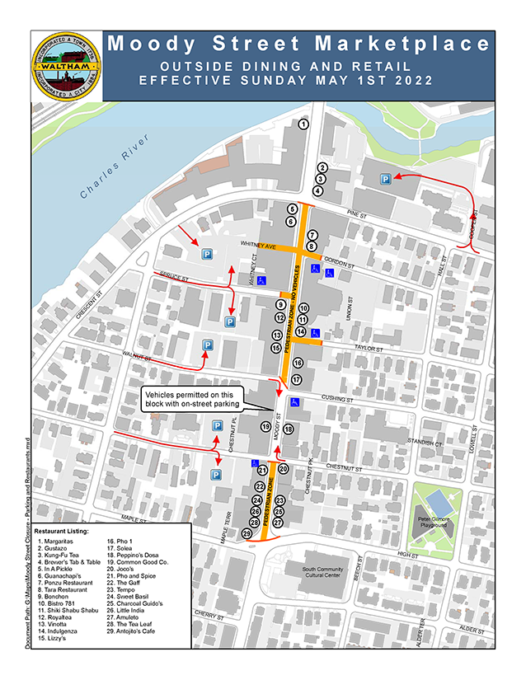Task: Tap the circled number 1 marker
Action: (303, 124)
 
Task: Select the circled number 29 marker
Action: (247, 534)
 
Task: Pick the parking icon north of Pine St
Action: (384, 179)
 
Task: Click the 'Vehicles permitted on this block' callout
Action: (192, 399)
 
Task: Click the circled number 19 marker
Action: (265, 426)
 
